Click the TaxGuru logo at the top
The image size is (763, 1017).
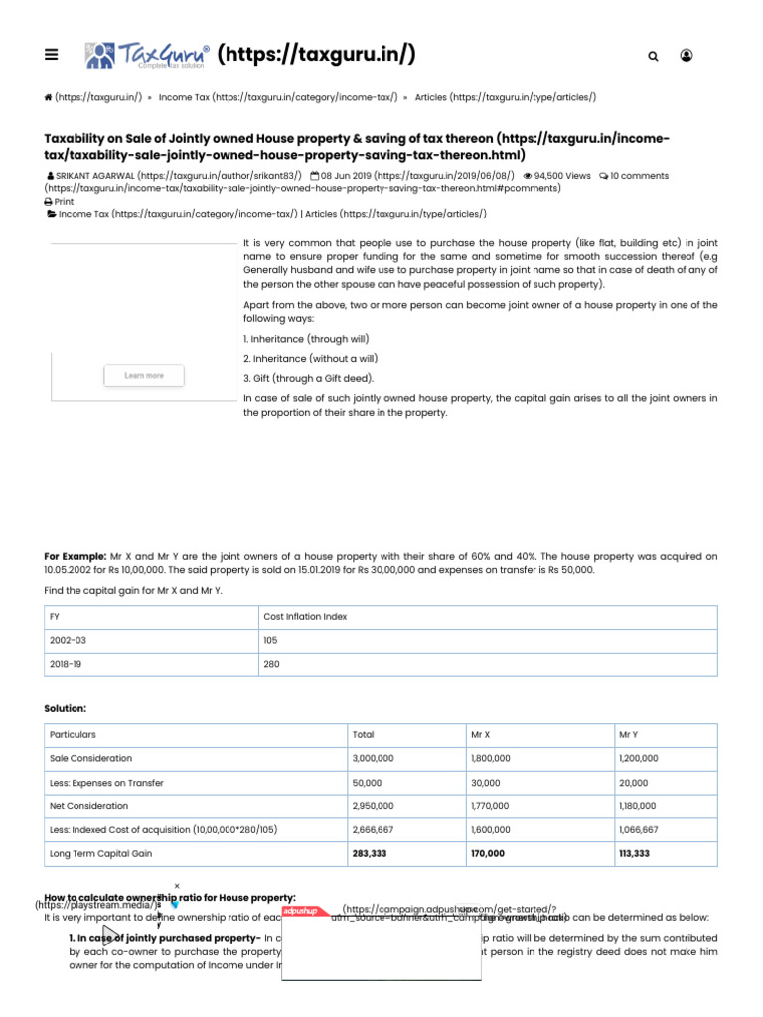coord(147,55)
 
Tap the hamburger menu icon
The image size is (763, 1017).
coord(52,55)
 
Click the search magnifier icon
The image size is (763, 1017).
coord(653,57)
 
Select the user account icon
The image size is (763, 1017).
coord(687,56)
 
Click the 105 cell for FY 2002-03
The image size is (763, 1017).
coord(270,641)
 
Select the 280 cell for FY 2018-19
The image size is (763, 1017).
coord(270,664)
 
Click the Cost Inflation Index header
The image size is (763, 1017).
coord(305,617)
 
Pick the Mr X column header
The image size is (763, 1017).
coord(481,735)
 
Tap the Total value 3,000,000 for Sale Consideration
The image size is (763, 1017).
coord(373,759)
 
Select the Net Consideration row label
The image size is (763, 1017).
coord(88,806)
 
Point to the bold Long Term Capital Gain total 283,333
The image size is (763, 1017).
coord(373,854)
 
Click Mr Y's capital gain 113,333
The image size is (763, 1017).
coord(634,854)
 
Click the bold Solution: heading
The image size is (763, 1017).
coord(65,708)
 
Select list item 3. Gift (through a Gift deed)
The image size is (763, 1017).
coord(309,378)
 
